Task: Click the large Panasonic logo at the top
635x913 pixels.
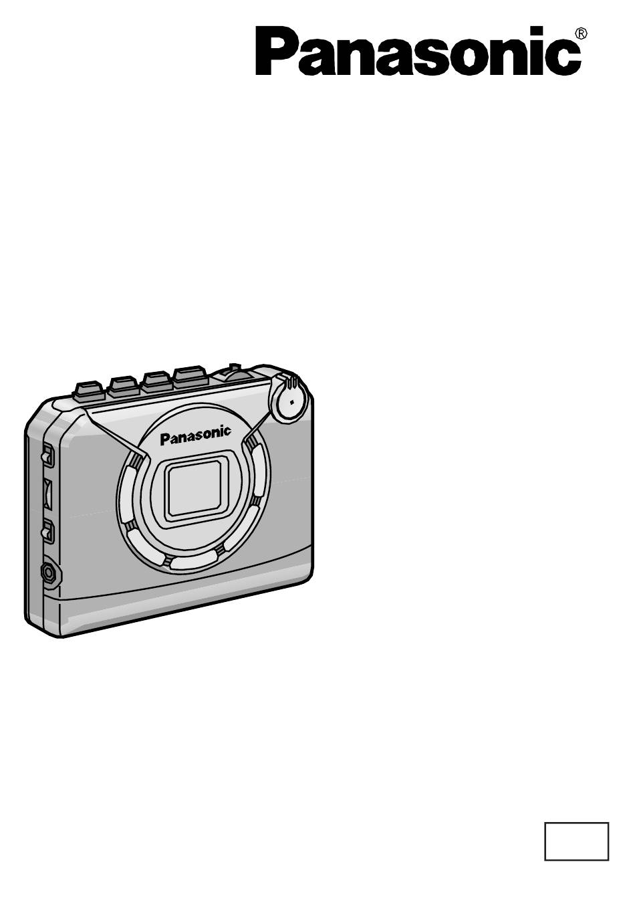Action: (418, 51)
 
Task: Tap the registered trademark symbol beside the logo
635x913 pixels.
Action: (582, 33)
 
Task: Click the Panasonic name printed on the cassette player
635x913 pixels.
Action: (195, 435)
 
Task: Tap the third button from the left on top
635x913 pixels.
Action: (156, 381)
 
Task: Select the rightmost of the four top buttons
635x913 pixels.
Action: (191, 376)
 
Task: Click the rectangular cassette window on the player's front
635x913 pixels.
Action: (195, 488)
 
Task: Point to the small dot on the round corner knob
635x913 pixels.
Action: (291, 402)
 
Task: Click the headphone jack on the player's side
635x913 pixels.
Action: (49, 573)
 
